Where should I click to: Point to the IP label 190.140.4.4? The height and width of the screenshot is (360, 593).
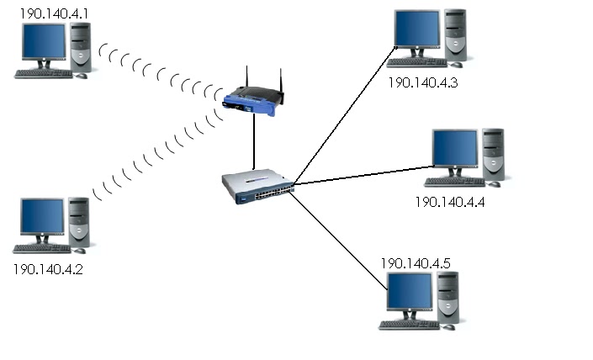click(450, 202)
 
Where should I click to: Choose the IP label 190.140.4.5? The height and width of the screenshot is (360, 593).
click(416, 263)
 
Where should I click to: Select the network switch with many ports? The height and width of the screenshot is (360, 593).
click(257, 188)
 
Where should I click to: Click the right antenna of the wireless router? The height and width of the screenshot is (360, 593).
click(281, 84)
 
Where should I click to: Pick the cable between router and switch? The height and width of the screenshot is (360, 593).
click(252, 143)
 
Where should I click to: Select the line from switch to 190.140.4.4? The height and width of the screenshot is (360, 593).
click(362, 175)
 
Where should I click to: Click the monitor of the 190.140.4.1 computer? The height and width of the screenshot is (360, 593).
click(44, 45)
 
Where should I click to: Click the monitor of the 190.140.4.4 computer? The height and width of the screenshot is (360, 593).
click(454, 150)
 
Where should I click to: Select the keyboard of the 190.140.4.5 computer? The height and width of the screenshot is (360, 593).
click(408, 325)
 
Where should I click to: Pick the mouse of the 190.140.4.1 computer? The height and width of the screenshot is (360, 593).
click(82, 76)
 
